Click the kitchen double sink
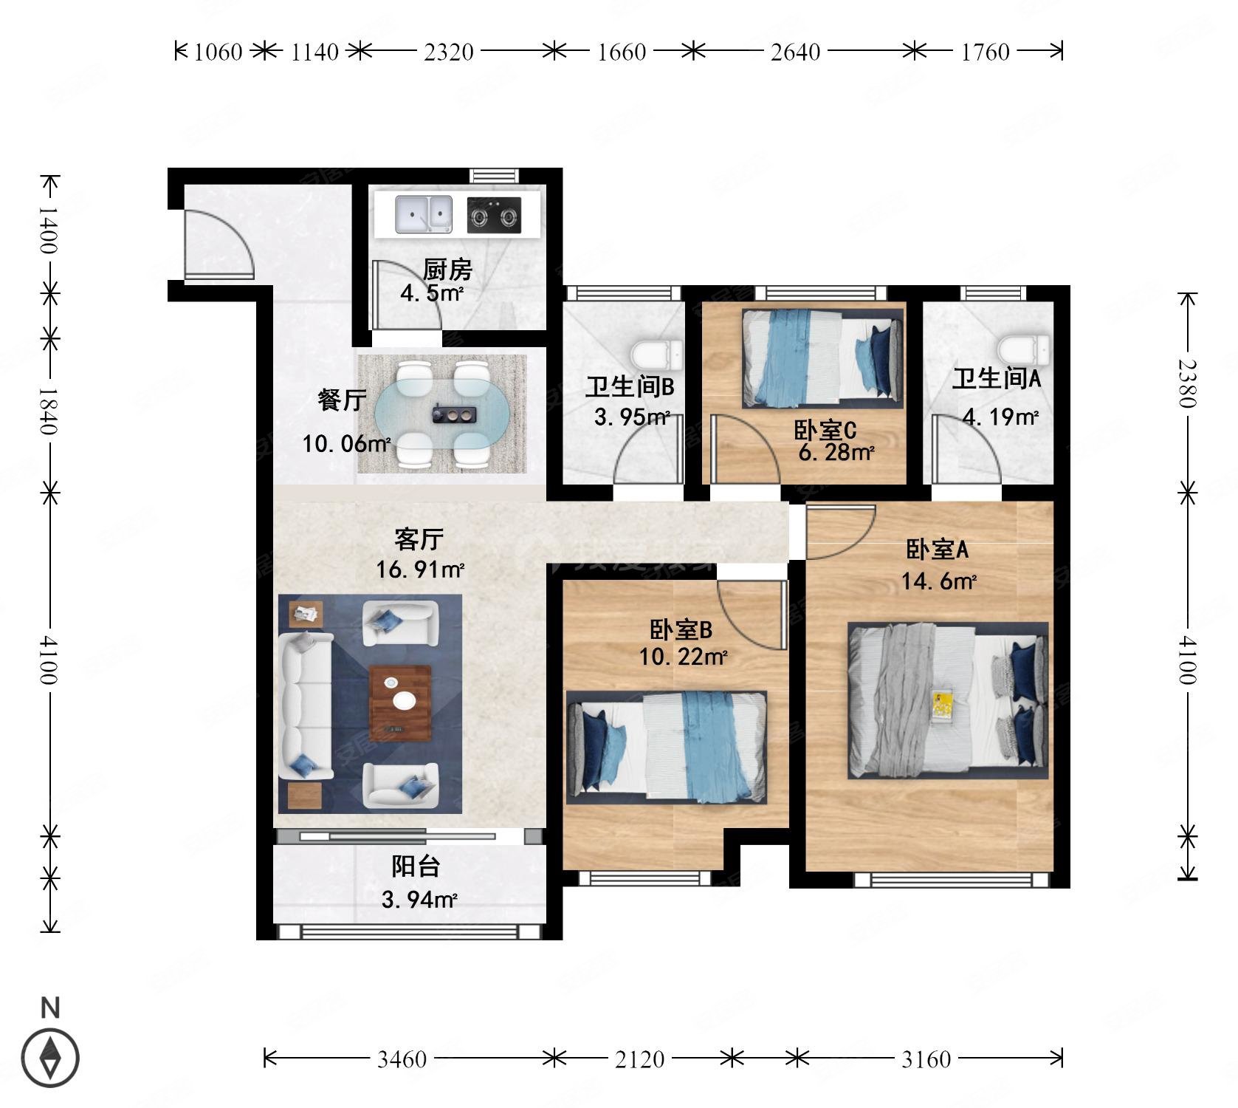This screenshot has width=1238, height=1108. (424, 214)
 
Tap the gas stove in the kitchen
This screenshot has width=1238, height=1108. (494, 216)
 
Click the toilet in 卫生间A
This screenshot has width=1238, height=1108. (1023, 346)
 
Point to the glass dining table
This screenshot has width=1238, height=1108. (441, 415)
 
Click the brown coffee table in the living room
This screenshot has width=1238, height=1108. (400, 702)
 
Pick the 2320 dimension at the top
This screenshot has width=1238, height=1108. (448, 52)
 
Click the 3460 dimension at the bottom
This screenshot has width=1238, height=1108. (402, 1059)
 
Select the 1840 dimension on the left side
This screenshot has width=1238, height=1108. (49, 411)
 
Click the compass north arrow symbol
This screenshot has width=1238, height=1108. (50, 1058)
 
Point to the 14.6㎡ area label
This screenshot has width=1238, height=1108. (938, 581)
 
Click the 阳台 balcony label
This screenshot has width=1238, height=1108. (416, 866)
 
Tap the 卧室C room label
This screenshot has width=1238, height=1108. (825, 430)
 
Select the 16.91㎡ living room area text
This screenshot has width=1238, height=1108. (419, 570)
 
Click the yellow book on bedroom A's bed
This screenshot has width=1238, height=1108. (941, 704)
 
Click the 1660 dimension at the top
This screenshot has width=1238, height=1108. (622, 52)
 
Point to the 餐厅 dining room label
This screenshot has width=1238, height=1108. (341, 400)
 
